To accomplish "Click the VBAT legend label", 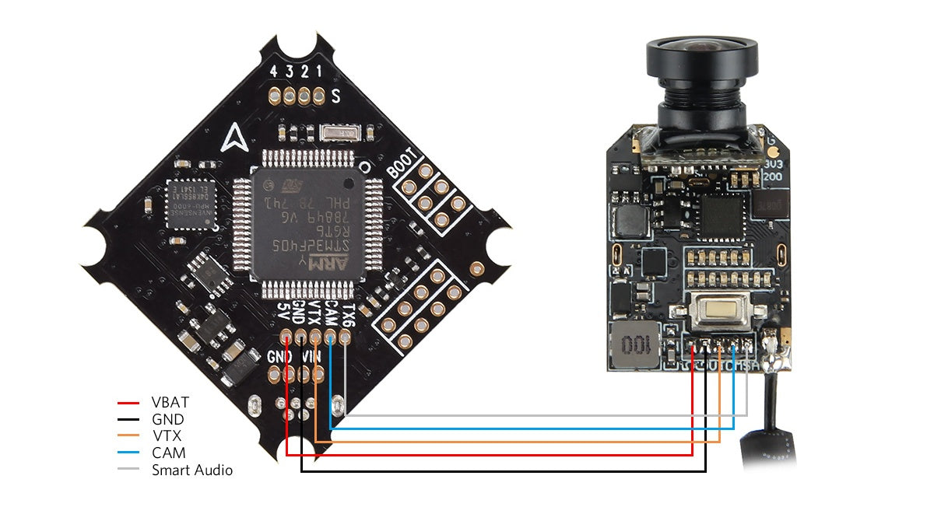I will coord(170,403).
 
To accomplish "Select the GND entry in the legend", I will coord(167,420).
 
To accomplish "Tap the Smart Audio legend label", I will coord(191,470).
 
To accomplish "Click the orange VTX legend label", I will coord(166,436).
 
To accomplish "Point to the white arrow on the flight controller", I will coord(232,139).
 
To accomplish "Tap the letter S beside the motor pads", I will coord(335,97).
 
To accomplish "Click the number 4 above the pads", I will coord(272,72).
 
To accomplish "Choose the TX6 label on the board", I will coord(349,314).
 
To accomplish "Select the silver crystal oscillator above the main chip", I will coord(338,134).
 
